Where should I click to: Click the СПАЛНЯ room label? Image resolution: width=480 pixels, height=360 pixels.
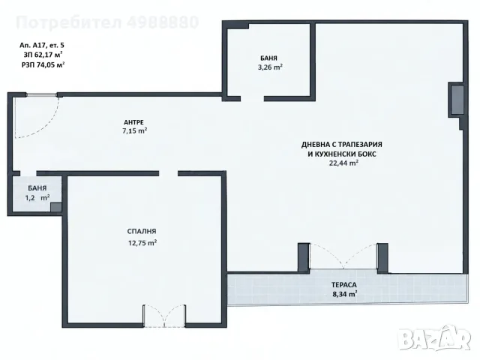142,232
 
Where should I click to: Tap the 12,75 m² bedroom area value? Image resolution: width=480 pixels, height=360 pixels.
142,243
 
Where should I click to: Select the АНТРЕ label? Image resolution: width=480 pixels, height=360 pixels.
134,122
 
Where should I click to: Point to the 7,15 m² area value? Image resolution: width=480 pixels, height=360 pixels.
134,130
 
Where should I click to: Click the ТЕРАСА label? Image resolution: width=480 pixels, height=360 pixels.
344,285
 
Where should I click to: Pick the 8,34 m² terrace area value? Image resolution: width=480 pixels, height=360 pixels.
345,294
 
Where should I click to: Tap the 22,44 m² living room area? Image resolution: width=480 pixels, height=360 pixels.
343,163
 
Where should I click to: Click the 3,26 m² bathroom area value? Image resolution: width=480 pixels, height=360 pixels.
270,67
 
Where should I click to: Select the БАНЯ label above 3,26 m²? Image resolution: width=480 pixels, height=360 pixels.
268,58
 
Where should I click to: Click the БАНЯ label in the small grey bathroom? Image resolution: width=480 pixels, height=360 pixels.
37,188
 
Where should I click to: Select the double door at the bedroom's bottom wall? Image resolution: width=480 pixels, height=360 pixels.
165,316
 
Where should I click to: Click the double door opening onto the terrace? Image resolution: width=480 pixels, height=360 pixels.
343,256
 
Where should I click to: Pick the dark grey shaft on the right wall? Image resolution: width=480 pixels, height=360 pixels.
457,100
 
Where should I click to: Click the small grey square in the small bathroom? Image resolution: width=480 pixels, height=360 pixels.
56,207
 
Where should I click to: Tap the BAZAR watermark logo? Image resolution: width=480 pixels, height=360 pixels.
435,338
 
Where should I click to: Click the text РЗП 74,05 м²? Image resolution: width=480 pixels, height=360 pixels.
42,64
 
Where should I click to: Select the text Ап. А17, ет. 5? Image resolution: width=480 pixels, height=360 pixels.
42,45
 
